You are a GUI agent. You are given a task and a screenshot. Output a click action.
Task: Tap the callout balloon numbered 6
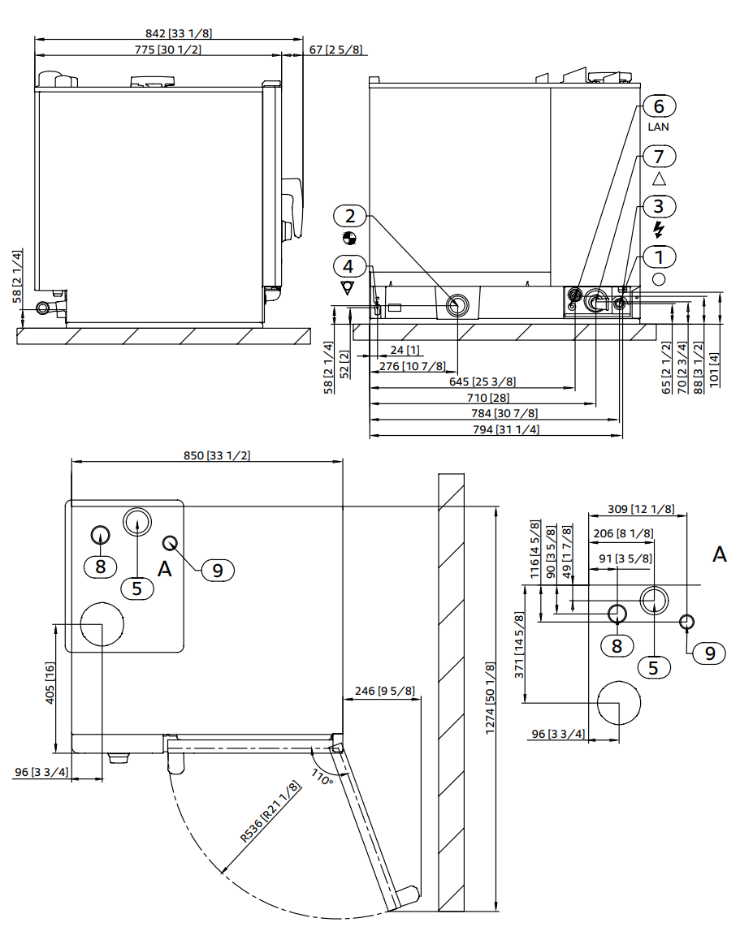(659, 106)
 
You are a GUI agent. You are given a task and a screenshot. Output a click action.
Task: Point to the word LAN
(659, 127)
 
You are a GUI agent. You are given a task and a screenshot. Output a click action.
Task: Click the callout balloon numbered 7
(659, 156)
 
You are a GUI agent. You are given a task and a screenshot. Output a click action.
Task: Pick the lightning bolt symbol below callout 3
(659, 230)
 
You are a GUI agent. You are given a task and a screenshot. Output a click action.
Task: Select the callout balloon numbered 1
(659, 257)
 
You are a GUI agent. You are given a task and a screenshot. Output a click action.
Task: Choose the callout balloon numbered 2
(350, 216)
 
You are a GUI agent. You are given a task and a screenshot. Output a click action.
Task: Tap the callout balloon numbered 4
(348, 265)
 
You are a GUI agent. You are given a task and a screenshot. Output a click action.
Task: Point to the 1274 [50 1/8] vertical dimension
(489, 699)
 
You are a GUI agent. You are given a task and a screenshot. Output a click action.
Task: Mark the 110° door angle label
(322, 778)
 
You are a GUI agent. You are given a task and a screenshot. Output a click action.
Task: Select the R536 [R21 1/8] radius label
(270, 814)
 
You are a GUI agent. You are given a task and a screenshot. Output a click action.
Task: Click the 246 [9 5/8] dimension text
(385, 692)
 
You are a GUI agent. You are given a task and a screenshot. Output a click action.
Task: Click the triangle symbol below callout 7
(659, 179)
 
